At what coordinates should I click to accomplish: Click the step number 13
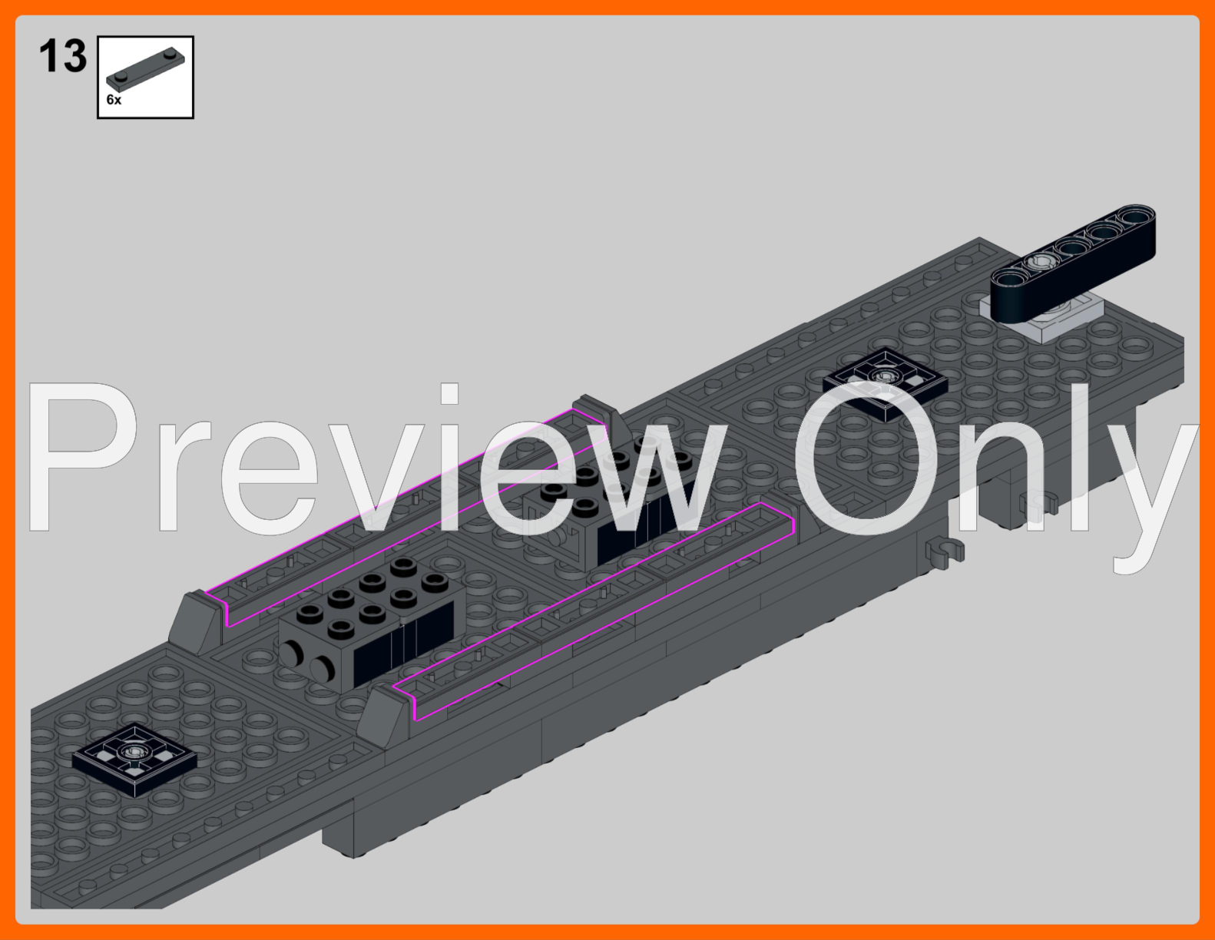pos(63,56)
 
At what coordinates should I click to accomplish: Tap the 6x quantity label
pos(114,100)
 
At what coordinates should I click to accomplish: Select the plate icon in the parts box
pos(145,70)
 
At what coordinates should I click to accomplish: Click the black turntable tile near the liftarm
pos(885,384)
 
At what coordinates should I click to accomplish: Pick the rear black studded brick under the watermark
pos(617,498)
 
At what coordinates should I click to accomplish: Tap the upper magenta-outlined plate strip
pos(406,517)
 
